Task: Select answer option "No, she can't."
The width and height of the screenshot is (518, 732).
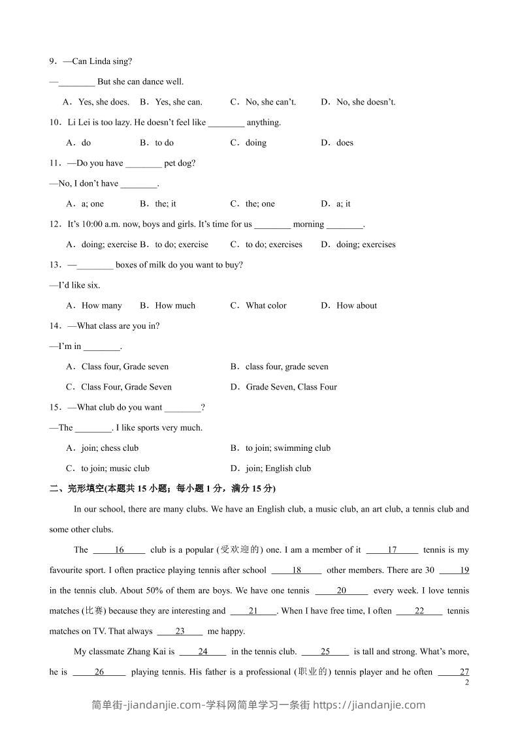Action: pos(270,102)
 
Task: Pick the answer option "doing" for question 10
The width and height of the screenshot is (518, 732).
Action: pos(255,143)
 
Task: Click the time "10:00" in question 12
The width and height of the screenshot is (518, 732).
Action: pos(92,224)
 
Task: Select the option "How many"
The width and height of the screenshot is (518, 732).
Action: pos(101,305)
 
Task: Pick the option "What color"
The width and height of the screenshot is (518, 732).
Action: pos(266,305)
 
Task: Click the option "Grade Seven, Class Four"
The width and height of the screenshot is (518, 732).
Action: pos(291,387)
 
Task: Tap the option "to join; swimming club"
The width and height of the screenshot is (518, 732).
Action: pos(288,448)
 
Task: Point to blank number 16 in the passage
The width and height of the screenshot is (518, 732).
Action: pos(119,550)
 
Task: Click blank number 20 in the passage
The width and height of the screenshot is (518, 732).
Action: pos(342,591)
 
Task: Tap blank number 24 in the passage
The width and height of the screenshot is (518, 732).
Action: pos(202,652)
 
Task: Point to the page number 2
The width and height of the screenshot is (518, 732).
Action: pos(466,682)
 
